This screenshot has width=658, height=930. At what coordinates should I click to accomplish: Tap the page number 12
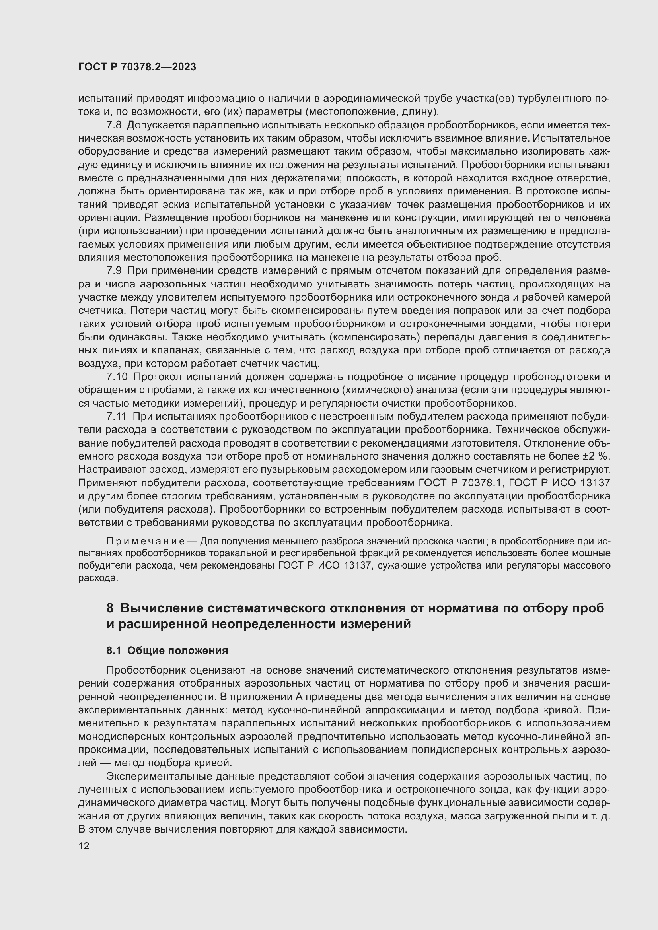pyautogui.click(x=84, y=846)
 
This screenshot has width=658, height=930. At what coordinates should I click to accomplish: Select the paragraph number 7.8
pyautogui.click(x=114, y=125)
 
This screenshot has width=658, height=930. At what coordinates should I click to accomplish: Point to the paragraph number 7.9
pyautogui.click(x=114, y=271)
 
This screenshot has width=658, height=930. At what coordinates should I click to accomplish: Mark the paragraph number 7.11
pyautogui.click(x=116, y=416)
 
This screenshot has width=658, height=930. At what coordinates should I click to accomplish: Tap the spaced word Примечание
pyautogui.click(x=146, y=542)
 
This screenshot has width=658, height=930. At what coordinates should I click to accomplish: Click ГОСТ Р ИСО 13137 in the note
pyautogui.click(x=325, y=565)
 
